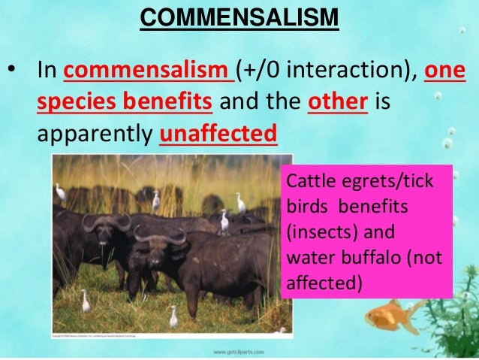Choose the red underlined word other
coord(337,104)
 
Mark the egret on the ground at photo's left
coord(86,301)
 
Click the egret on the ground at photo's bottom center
coord(173,316)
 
